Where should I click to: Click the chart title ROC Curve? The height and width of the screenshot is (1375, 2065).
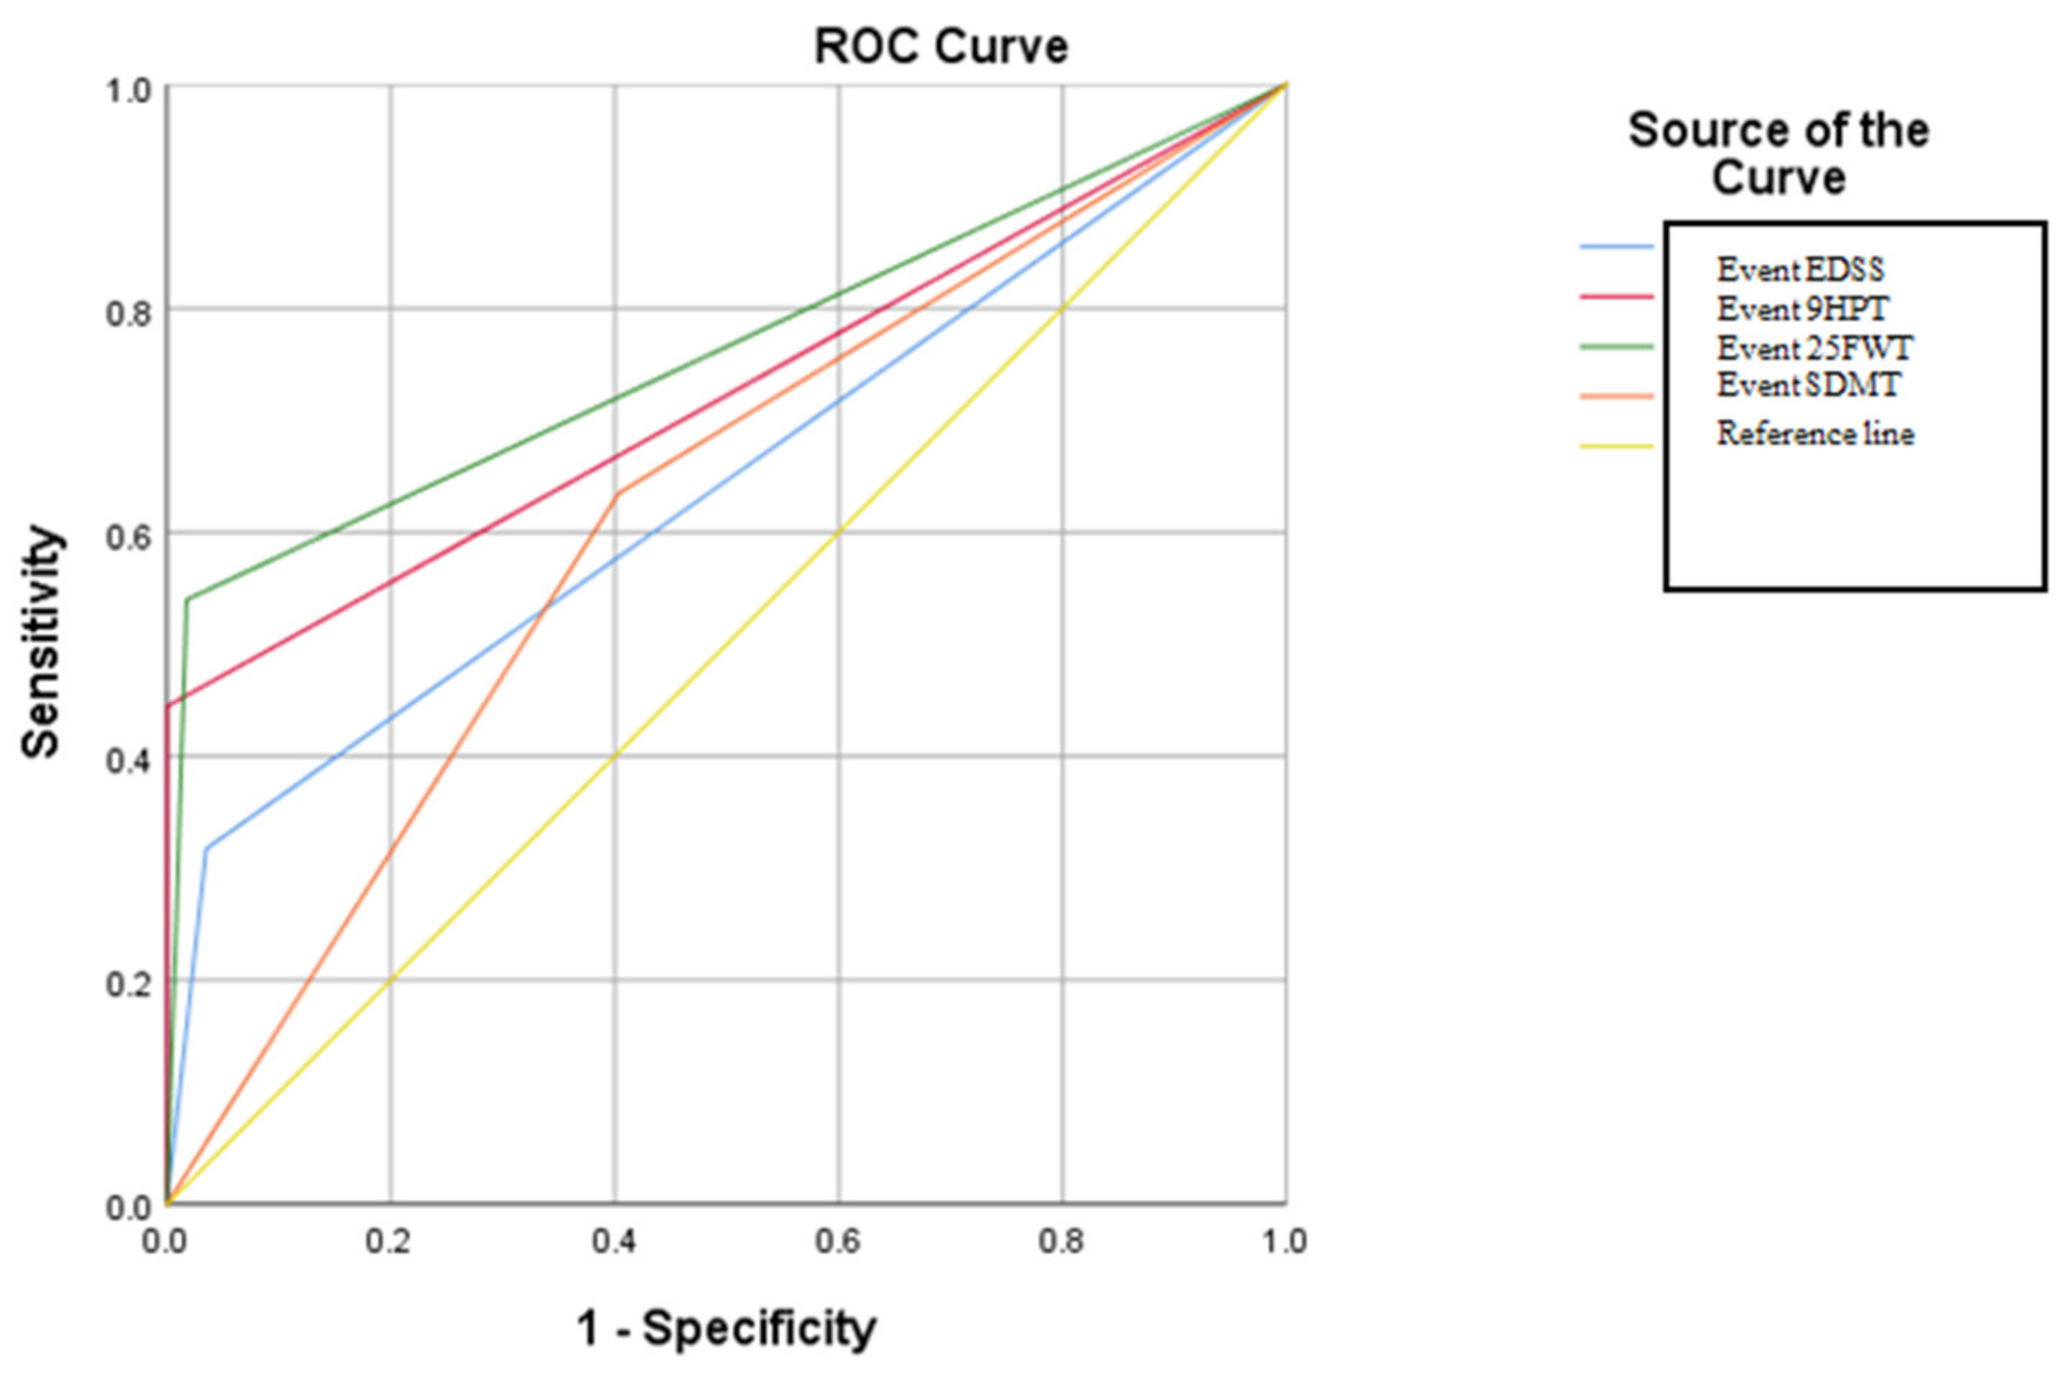[x=941, y=47]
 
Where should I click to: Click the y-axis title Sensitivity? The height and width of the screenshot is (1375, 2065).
[x=41, y=641]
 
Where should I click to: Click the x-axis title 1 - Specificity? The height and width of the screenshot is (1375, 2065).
[x=727, y=1328]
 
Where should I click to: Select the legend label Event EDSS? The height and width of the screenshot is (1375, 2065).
[x=1799, y=270]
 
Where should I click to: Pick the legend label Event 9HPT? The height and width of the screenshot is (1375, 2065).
[x=1801, y=309]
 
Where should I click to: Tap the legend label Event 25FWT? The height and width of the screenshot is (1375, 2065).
[x=1813, y=348]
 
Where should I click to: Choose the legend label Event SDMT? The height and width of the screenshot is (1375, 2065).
[x=1807, y=385]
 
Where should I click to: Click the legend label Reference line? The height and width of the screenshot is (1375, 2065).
[x=1815, y=433]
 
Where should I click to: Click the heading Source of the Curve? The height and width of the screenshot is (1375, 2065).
[x=1778, y=154]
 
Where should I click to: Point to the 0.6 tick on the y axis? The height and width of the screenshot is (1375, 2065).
[x=127, y=533]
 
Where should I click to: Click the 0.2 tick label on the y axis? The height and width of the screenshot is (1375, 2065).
[x=127, y=981]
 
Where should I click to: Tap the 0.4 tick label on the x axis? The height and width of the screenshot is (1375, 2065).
[x=613, y=1241]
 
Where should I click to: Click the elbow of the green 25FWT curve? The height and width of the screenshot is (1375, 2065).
[x=187, y=600]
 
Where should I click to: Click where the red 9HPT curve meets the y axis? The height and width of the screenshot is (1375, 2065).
[x=167, y=705]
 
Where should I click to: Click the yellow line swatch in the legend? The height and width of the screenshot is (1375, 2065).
[x=1616, y=446]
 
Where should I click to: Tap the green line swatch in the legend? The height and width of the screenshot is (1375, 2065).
[x=1616, y=347]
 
